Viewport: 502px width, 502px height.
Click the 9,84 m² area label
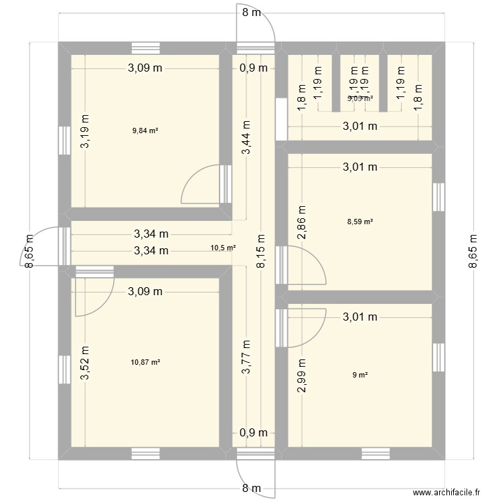click(146, 131)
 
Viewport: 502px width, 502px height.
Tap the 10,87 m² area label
click(146, 362)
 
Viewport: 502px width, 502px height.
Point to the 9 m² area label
click(360, 375)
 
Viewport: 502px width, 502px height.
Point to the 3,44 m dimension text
click(247, 137)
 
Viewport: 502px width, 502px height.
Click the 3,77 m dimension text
click(247, 357)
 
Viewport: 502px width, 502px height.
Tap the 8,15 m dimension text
click(260, 251)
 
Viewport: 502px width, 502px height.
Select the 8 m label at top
click(251, 12)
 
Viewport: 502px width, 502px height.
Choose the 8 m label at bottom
click(251, 489)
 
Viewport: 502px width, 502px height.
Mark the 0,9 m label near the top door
click(253, 68)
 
